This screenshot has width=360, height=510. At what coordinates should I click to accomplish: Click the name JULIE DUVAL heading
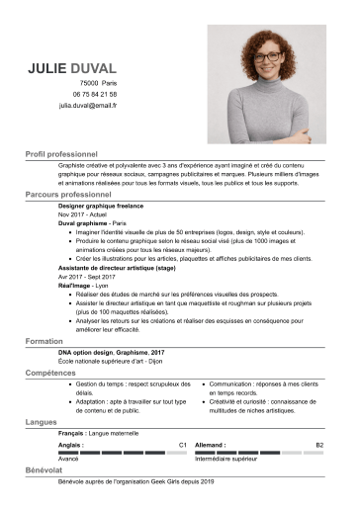pyautogui.click(x=72, y=68)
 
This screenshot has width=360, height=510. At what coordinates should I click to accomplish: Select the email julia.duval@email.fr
pyautogui.click(x=88, y=105)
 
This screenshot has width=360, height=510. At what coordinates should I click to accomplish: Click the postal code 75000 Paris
pyautogui.click(x=98, y=84)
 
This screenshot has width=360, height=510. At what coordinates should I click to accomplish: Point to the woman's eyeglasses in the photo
pyautogui.click(x=267, y=58)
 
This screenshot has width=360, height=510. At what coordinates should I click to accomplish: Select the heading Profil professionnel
pyautogui.click(x=61, y=155)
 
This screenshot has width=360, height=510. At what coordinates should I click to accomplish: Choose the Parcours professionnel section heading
pyautogui.click(x=66, y=196)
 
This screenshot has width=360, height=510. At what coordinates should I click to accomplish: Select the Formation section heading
pyautogui.click(x=44, y=340)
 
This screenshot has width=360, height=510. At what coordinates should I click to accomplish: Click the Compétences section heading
pyautogui.click(x=50, y=374)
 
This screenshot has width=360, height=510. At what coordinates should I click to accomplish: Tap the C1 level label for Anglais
pyautogui.click(x=182, y=446)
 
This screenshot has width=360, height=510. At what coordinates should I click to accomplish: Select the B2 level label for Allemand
pyautogui.click(x=318, y=446)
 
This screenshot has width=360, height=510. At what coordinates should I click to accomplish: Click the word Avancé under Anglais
pyautogui.click(x=68, y=460)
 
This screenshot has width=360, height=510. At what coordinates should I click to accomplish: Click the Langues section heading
pyautogui.click(x=42, y=422)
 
